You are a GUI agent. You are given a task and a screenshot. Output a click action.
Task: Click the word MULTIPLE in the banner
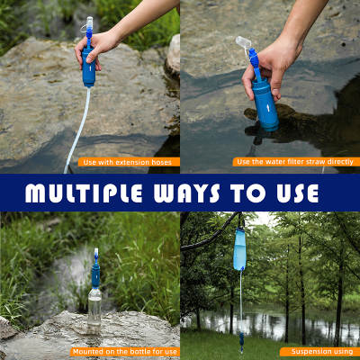tap(84, 193)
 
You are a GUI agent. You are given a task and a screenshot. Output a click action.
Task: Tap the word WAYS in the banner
tap(187, 193)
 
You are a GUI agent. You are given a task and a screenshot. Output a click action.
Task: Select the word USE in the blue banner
tap(298, 193)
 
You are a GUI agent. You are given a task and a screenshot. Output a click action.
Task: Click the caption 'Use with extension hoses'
tap(128, 162)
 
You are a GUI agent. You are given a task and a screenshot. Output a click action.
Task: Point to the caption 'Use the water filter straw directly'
tap(295, 162)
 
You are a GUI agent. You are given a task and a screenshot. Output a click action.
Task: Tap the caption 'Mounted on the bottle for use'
tap(125, 352)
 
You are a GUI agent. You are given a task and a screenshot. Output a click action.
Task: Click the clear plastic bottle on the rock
tap(94, 310)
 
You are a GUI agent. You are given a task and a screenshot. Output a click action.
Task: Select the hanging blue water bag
tap(240, 249)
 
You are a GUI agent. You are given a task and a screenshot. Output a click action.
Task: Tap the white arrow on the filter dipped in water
tap(266, 107)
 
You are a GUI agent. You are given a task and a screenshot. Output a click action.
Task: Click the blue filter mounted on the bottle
tap(95, 275)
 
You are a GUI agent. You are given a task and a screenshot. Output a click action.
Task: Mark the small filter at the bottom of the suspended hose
tap(241, 340)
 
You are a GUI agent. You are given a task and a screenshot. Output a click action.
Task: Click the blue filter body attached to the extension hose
tap(89, 67)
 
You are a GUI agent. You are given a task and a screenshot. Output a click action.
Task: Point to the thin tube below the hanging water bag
tap(240, 300)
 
